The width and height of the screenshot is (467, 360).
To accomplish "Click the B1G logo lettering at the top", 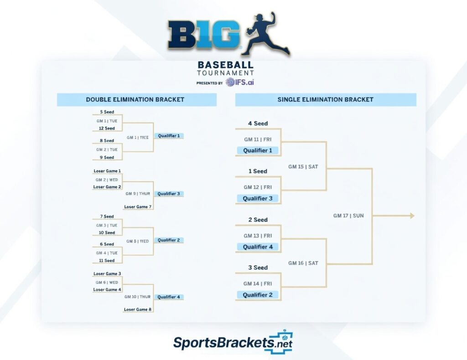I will tap(203, 34).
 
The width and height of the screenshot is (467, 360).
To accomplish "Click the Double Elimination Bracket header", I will tap(135, 99).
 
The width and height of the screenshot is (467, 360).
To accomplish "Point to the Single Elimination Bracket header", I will tap(325, 99).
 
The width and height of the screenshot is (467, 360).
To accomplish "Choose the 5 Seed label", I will tap(107, 112).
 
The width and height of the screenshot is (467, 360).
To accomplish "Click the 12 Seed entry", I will tap(107, 129).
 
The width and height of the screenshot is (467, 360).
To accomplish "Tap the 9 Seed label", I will tap(107, 158).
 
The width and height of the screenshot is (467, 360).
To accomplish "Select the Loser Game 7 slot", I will tap(137, 207).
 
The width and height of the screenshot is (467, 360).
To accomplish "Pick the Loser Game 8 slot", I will tap(137, 309).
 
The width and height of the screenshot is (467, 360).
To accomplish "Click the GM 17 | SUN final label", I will tap(348, 216).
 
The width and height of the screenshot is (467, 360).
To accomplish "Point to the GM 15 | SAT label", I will tap(303, 167).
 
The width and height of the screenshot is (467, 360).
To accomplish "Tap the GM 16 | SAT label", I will tap(303, 263).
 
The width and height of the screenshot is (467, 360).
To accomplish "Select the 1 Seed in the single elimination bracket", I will tap(258, 171).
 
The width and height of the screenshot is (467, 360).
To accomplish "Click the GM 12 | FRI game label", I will tap(257, 187).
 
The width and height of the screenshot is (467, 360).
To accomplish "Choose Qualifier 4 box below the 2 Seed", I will tap(258, 247).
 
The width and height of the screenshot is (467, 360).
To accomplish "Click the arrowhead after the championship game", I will tap(412, 216).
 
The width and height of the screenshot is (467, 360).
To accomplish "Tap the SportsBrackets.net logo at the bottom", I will tap(233, 343).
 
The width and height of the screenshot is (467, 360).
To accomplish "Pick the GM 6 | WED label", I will tap(107, 282).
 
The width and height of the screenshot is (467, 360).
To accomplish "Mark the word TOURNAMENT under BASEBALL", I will tap(225, 73).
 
